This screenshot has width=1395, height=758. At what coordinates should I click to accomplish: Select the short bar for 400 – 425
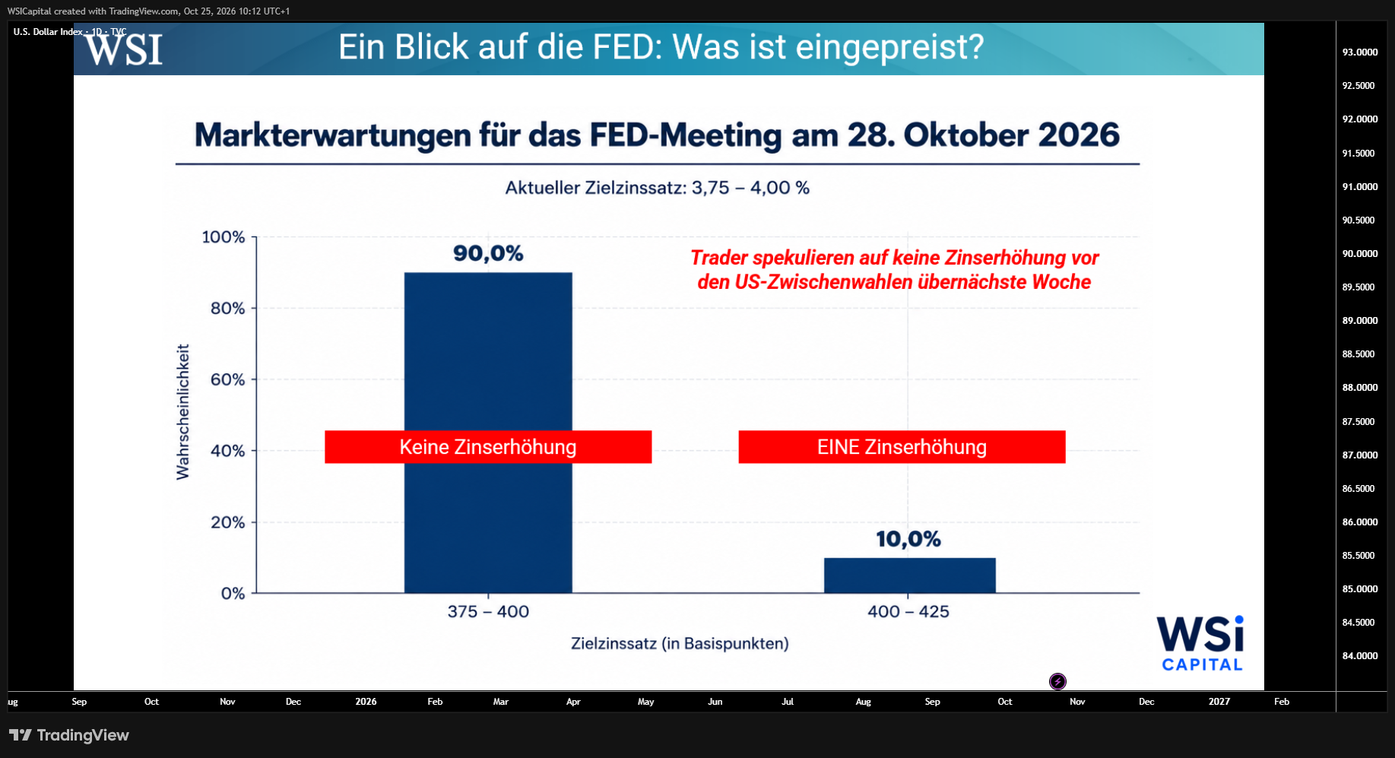(910, 576)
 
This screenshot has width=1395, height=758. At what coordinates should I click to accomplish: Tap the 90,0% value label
(488, 253)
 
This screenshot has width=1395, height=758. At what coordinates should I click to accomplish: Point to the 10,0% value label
(908, 539)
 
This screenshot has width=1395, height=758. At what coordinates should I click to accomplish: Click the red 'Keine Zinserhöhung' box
(488, 447)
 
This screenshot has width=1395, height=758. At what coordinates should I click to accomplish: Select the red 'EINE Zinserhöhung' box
(902, 447)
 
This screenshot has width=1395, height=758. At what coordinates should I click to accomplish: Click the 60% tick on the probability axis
(228, 379)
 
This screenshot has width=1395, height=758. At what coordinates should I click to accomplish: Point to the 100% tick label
(224, 237)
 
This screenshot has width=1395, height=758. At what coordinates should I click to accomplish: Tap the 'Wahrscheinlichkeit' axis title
(182, 412)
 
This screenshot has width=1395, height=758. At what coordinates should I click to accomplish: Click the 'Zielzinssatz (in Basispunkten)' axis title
(680, 644)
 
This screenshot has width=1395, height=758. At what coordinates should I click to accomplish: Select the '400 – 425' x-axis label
(908, 611)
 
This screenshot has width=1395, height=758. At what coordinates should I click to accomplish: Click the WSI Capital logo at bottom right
(1201, 643)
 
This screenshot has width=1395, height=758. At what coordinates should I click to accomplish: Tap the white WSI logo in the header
(124, 49)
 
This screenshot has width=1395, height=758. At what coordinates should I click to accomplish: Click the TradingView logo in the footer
(69, 735)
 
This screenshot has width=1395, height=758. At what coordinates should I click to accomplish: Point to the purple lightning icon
(1057, 681)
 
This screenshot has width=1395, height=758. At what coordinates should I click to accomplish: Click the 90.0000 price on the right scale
(1360, 254)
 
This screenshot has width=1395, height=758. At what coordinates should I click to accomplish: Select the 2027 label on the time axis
(1219, 702)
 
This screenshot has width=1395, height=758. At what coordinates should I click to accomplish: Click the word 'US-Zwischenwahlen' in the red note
(823, 282)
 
